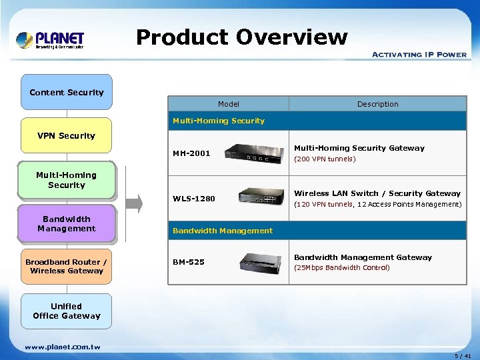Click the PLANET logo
point(51,39)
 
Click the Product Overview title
point(242,37)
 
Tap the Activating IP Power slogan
point(419,55)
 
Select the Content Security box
point(67,92)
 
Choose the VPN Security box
point(67,136)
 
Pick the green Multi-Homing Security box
point(67,180)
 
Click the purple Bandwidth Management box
point(67,223)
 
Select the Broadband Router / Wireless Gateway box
point(67,267)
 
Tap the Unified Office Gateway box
point(67,311)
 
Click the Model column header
point(228,104)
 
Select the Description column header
point(377,104)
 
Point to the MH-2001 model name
point(191,153)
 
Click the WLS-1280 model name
point(194,198)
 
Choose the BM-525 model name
point(189,262)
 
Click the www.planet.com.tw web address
point(63,347)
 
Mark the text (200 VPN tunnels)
point(325,159)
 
